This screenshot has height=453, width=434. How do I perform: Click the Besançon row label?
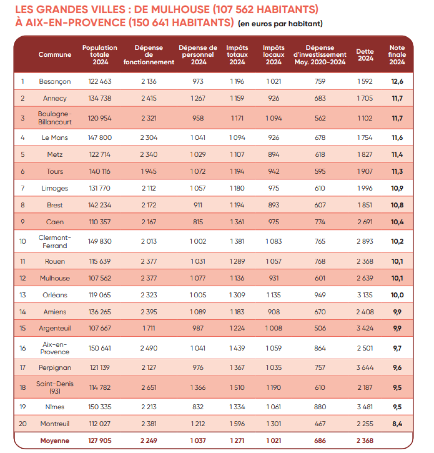pos(55,81)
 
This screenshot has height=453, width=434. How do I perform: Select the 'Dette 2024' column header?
pos(365,55)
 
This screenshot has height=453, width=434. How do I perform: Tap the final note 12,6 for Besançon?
pos(397,81)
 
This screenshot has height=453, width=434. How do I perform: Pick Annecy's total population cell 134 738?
pos(100,98)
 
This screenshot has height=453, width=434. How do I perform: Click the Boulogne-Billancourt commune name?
pos(55,118)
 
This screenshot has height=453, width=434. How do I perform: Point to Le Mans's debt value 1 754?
pos(365,137)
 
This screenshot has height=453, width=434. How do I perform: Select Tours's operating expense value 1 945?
pos(149,171)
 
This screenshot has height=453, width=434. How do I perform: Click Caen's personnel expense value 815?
pos(198,222)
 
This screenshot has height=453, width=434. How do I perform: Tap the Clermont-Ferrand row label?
pos(55,241)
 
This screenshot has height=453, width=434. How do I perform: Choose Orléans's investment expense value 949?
pos(320,295)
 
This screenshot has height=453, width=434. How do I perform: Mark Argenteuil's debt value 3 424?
pos(365,328)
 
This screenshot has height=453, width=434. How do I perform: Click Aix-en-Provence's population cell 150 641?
pos(100,348)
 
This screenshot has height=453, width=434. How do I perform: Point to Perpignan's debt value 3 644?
pos(365,368)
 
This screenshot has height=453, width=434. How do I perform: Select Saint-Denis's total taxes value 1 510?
pos(237,388)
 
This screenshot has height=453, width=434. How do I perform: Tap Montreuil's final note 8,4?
pos(397,424)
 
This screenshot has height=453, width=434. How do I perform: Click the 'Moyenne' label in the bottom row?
pos(55,441)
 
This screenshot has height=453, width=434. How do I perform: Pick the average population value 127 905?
pos(100,441)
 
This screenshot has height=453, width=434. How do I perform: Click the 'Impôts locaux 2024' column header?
pos(273,55)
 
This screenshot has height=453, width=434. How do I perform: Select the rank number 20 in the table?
pos(22,424)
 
